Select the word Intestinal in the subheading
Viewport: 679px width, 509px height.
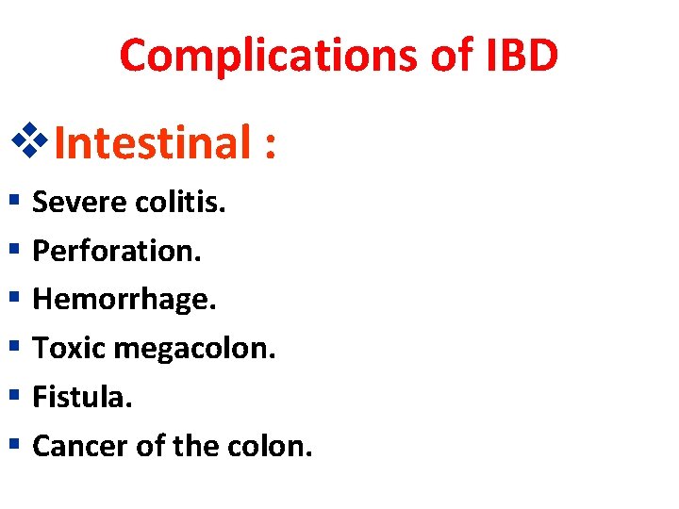[151, 143]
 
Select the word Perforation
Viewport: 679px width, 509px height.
[117, 251]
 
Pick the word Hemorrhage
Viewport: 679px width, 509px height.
[124, 300]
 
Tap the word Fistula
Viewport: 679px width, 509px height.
[82, 397]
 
